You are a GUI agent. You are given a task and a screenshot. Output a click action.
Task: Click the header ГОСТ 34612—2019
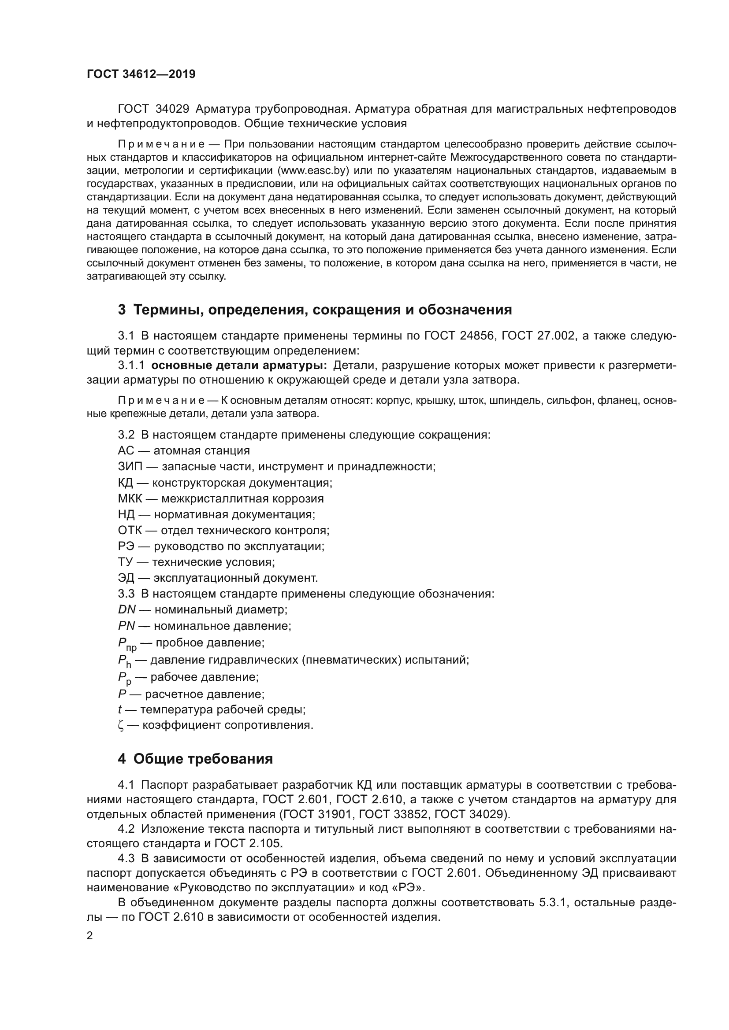point(141,74)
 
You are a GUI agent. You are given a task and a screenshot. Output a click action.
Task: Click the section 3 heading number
point(122,310)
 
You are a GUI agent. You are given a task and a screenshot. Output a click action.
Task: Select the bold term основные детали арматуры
point(239,365)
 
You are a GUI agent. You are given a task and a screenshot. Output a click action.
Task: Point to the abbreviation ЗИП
point(130,466)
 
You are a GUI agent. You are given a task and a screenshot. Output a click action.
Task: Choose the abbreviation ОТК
point(130,530)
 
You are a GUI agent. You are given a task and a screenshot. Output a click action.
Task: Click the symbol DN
point(126,609)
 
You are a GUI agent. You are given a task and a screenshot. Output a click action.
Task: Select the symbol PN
point(126,626)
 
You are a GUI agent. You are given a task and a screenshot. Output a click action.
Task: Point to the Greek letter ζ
point(121,725)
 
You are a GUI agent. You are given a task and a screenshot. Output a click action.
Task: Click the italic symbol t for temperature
point(120,709)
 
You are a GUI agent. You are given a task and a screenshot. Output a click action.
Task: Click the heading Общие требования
point(203,759)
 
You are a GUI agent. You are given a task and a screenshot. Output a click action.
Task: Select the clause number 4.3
point(126,859)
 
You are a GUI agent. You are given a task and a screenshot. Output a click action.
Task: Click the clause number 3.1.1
point(131,365)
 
